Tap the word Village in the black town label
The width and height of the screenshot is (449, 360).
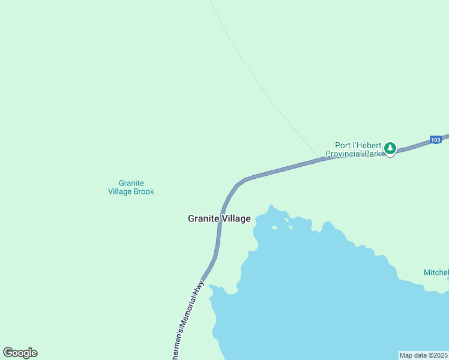(236, 219)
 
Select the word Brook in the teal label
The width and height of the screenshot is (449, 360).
(144, 192)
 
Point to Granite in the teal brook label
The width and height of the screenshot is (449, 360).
(131, 184)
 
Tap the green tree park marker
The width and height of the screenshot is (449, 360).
(390, 148)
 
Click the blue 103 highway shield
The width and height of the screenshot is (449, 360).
(436, 140)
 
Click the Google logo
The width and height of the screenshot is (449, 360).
(20, 353)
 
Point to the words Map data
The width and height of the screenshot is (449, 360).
(412, 355)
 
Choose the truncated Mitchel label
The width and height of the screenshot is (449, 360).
(436, 272)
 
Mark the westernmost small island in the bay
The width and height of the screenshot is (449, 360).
(275, 227)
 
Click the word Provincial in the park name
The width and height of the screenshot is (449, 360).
(345, 154)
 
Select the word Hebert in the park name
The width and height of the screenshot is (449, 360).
(369, 145)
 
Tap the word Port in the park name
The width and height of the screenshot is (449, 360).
(343, 145)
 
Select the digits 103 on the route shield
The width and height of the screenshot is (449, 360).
(436, 140)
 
